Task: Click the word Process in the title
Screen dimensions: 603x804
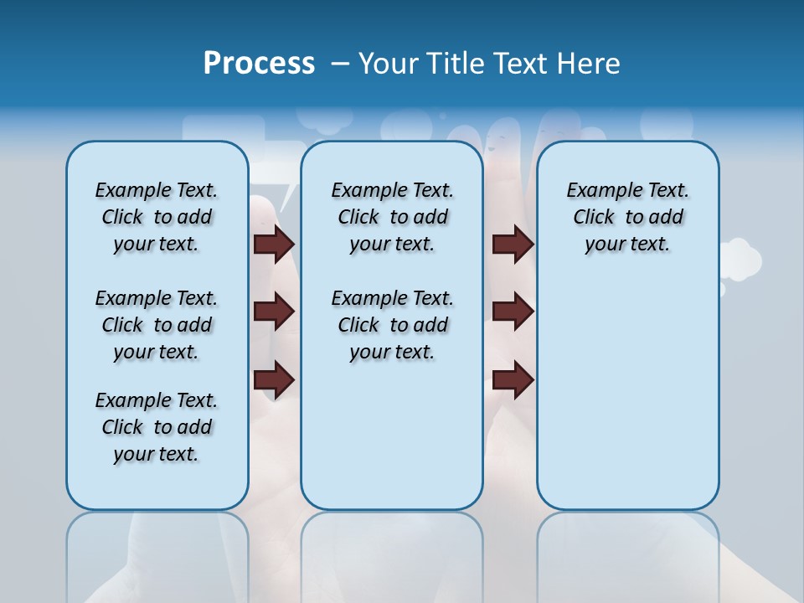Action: pyautogui.click(x=259, y=64)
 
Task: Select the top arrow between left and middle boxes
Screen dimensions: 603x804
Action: pyautogui.click(x=274, y=244)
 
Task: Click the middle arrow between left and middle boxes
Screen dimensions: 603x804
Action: pyautogui.click(x=274, y=312)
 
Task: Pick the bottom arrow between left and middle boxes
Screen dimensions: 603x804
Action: pyautogui.click(x=274, y=380)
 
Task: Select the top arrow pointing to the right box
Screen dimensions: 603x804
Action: pyautogui.click(x=513, y=244)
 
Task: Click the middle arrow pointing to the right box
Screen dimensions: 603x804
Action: pyautogui.click(x=513, y=312)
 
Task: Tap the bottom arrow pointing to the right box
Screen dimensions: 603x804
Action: pyautogui.click(x=513, y=380)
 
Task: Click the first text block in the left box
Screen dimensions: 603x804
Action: pyautogui.click(x=157, y=217)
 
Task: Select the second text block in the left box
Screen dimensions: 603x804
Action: pyautogui.click(x=157, y=325)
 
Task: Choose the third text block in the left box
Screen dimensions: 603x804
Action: pyautogui.click(x=157, y=427)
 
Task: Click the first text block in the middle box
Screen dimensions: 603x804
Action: pyautogui.click(x=392, y=217)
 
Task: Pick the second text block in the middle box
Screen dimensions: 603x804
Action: pyautogui.click(x=392, y=325)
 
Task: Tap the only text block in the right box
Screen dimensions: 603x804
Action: pyautogui.click(x=627, y=217)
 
